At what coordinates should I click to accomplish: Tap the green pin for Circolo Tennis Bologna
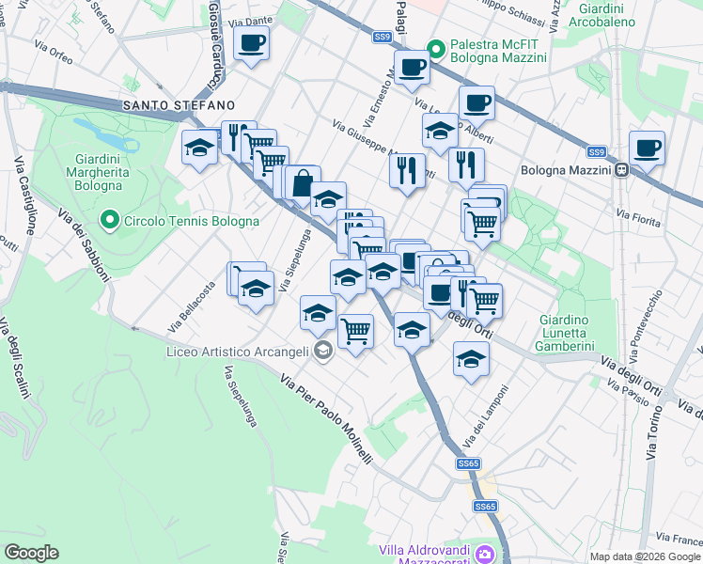click(110, 222)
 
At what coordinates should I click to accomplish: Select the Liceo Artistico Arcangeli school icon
click(323, 352)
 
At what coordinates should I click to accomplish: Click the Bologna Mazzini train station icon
click(621, 171)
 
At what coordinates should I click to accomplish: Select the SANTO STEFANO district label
click(177, 105)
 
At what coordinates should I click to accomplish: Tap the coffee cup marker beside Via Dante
click(251, 43)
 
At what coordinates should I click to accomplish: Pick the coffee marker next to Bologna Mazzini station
click(647, 149)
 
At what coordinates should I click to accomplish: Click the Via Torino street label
click(654, 433)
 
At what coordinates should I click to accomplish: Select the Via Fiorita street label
click(636, 215)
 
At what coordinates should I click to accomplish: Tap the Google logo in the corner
click(31, 553)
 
